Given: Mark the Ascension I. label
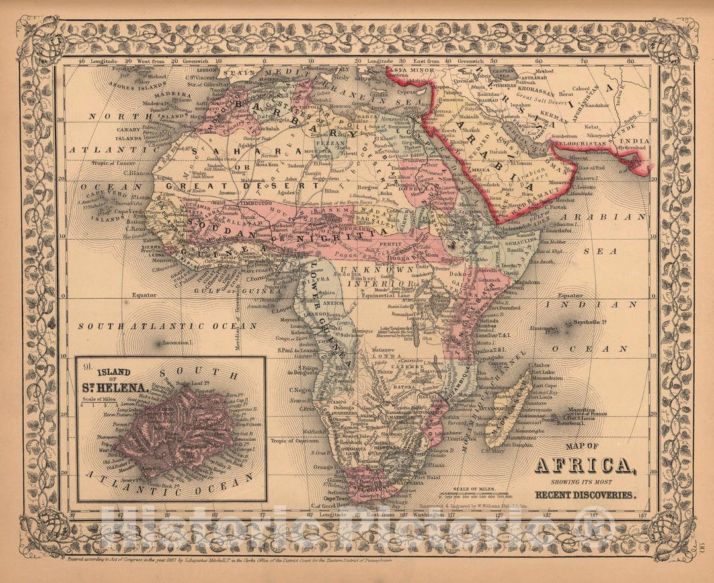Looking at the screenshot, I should (177, 343).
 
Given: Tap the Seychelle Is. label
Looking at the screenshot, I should (591, 323).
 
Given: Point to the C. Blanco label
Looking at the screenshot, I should (135, 173).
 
